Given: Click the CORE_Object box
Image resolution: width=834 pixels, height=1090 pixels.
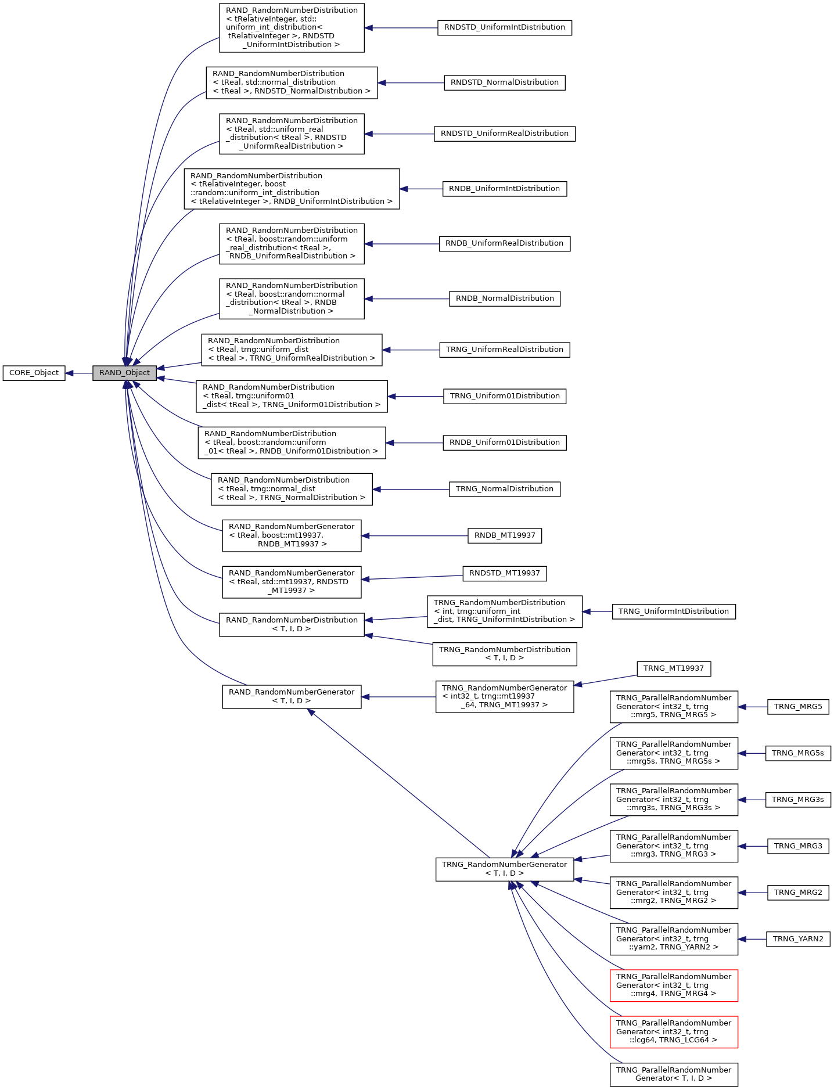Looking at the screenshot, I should point(34,373).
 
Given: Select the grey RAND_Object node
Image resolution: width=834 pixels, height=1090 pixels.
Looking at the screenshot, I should point(124,373).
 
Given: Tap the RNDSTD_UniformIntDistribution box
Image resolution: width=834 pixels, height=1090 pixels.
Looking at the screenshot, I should point(504,27).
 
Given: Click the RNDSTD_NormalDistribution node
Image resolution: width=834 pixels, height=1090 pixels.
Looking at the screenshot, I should point(504,82).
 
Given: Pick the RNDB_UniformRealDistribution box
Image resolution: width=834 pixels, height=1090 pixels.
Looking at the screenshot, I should point(504,243).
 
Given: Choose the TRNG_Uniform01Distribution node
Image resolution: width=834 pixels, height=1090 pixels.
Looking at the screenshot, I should point(504,396).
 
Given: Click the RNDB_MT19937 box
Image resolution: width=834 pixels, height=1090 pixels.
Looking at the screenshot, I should point(504,535).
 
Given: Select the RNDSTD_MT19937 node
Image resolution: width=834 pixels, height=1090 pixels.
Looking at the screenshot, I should point(504,573).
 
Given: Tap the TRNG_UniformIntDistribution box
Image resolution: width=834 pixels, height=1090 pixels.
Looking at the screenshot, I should point(673,611).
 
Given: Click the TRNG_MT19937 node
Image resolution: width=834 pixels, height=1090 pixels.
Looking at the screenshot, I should point(673,668).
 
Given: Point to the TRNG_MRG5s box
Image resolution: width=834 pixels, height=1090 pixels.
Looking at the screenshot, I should point(797,753).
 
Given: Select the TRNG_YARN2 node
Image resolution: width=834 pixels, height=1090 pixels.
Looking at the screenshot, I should point(797,939).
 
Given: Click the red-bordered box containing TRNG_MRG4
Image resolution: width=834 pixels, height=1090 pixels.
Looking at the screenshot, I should point(673,985).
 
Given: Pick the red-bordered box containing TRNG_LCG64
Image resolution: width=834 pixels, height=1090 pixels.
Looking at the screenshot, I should point(673,1031).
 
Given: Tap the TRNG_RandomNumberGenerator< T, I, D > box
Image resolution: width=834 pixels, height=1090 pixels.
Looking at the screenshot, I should point(504,869).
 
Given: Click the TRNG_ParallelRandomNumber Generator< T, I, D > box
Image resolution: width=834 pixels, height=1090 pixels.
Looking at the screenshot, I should point(673,1074).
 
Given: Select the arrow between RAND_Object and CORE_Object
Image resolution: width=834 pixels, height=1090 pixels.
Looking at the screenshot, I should point(79,373).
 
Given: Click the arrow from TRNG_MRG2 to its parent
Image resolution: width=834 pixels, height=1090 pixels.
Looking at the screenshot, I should point(753,893).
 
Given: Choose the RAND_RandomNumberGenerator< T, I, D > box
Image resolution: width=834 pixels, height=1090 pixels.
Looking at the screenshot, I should point(291,696).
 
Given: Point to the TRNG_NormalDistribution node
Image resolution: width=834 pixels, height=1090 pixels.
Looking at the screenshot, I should point(504,489).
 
